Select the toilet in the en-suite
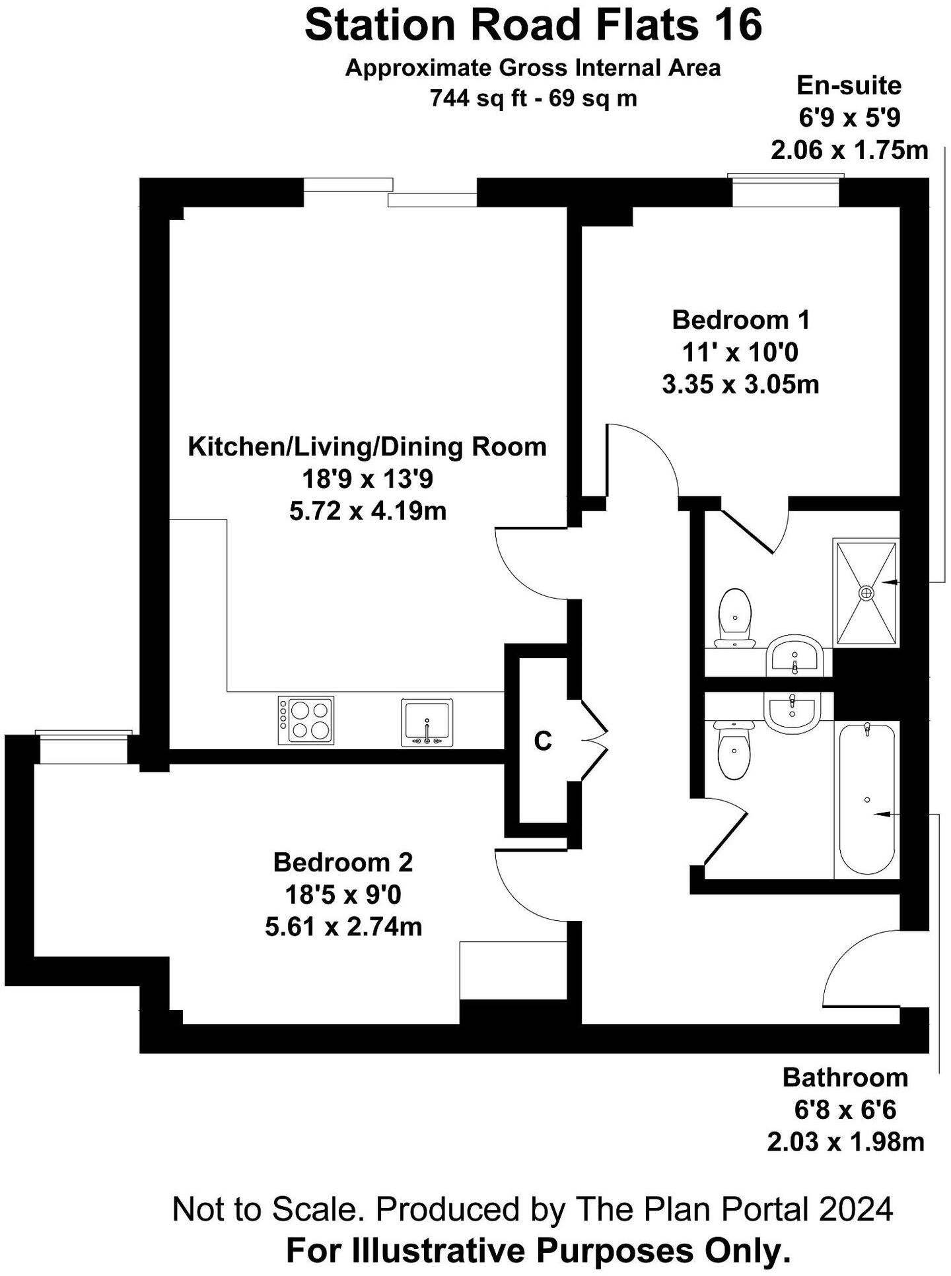tap(734, 619)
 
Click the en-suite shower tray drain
tap(866, 593)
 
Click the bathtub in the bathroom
tap(866, 799)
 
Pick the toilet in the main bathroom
tap(732, 749)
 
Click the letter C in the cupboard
tap(543, 741)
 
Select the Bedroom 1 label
tap(740, 320)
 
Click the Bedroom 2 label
tap(343, 862)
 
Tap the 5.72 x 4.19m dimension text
tap(368, 511)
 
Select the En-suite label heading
tap(849, 86)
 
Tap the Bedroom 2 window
tap(83, 748)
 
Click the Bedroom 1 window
tap(786, 191)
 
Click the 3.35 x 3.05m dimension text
tap(740, 384)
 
